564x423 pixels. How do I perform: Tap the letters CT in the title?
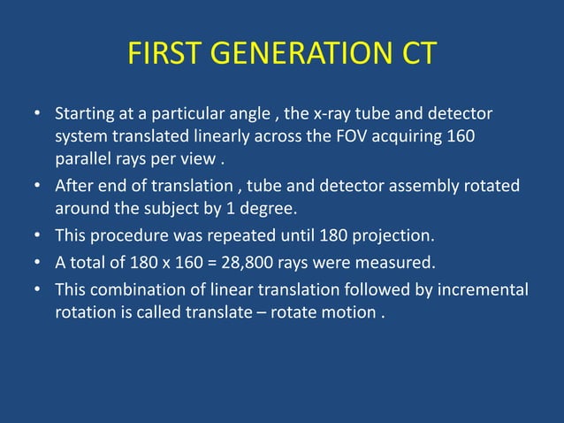coord(414,54)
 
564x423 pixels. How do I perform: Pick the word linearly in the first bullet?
coord(225,139)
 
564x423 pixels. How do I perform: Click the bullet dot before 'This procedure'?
coord(37,237)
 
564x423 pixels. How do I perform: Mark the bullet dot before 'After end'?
coord(37,188)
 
